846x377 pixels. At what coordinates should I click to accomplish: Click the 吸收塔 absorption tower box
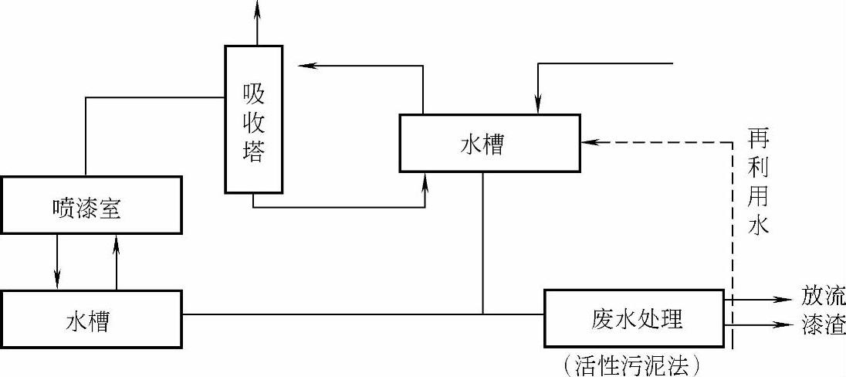pos(253,119)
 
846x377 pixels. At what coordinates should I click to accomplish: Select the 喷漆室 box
pos(92,205)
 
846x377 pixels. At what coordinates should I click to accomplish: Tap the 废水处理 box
pos(634,318)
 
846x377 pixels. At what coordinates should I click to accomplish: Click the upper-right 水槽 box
pos(489,144)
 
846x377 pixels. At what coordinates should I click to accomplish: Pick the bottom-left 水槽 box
pos(92,319)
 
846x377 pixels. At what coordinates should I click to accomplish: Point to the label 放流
pos(823,297)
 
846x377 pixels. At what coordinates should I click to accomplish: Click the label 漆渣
pos(823,325)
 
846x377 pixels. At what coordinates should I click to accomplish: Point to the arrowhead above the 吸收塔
pos(258,8)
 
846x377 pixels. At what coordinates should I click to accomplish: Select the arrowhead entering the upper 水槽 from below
pos(425,181)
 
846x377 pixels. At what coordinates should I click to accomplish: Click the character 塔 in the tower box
pos(253,151)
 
